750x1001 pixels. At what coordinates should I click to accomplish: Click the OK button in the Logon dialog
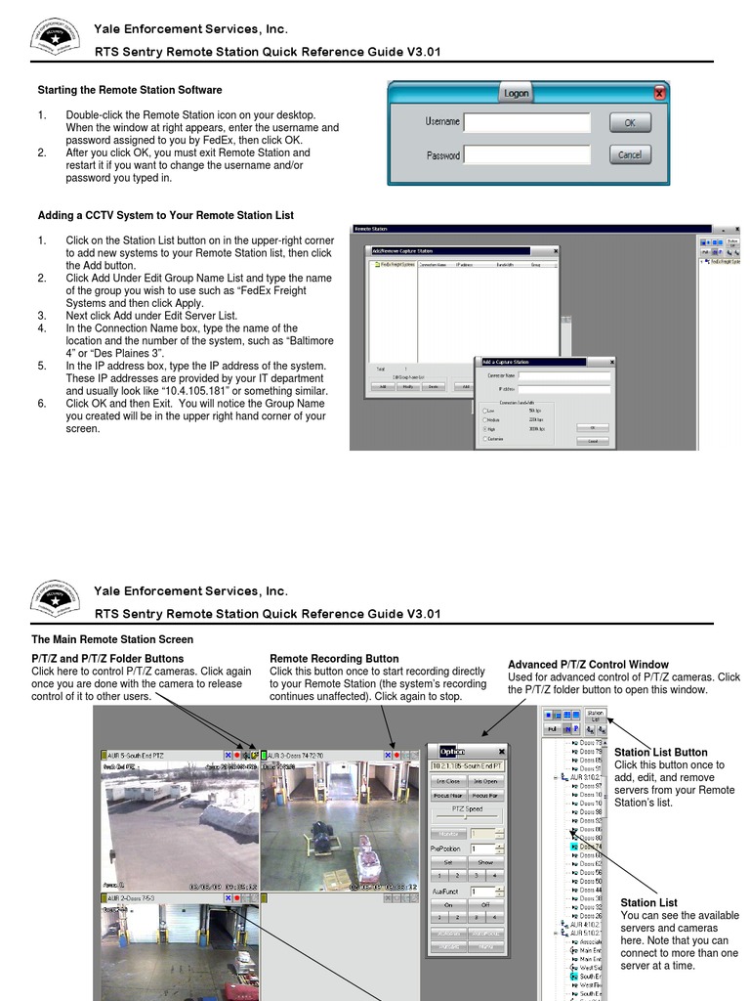click(630, 123)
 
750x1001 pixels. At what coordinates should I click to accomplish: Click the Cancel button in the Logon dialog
click(630, 154)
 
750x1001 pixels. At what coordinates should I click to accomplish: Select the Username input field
click(526, 123)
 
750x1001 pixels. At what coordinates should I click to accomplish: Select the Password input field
click(526, 155)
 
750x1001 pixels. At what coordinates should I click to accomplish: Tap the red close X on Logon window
click(660, 94)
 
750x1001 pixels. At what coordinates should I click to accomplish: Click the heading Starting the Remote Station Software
click(129, 90)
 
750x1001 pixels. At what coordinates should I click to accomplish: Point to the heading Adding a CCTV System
click(165, 215)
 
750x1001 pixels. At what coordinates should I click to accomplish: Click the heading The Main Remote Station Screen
click(112, 639)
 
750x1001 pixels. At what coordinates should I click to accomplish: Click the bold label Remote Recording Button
click(334, 659)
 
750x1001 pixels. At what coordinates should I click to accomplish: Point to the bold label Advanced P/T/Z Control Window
click(588, 665)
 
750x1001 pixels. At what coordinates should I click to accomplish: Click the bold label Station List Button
click(661, 753)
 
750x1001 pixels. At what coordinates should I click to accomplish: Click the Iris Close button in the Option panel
click(448, 781)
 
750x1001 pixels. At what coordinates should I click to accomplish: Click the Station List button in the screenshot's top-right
click(594, 717)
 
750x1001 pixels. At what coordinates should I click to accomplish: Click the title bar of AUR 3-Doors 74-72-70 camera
click(322, 756)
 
